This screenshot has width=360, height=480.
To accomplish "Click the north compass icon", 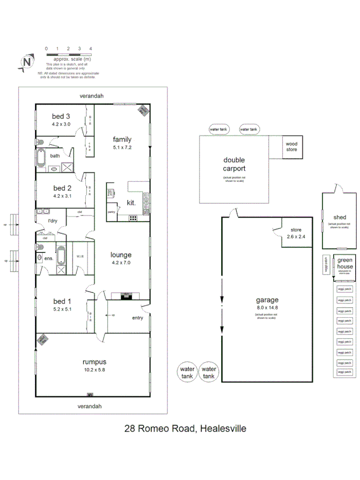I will pos(26,62).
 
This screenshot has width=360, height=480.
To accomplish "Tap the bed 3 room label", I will pos(61,116).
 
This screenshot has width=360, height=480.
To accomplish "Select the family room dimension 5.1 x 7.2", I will pos(122,147).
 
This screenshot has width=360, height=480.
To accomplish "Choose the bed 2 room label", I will pos(62,188).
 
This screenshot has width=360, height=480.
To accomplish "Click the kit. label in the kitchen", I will pos(131,203).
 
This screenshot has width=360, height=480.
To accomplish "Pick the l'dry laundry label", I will pos(52,221).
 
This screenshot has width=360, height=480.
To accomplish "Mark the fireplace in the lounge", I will pos(126,295).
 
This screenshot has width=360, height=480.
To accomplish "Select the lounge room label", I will pos(121,255).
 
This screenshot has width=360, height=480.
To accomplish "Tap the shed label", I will pos(339,217).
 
